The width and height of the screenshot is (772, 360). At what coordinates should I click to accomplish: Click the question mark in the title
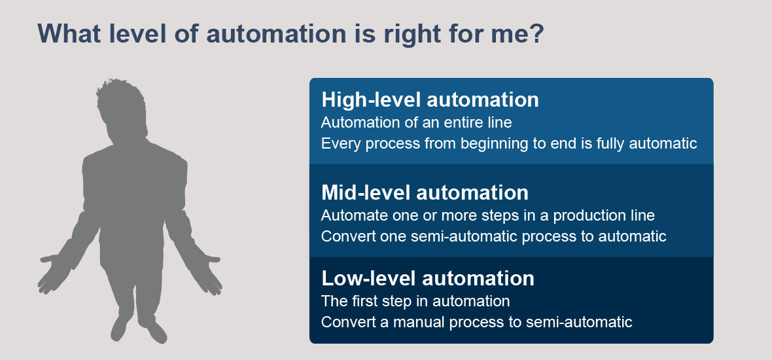coord(536,34)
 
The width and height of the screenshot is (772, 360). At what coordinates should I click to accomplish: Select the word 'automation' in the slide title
coord(273,34)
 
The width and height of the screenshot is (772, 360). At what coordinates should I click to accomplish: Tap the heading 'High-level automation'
coord(430,100)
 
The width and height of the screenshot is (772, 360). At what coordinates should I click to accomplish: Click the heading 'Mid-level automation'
coord(425,192)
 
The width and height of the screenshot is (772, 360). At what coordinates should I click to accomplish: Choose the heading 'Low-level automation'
coord(428,278)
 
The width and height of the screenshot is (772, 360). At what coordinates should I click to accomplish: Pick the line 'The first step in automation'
coord(415,300)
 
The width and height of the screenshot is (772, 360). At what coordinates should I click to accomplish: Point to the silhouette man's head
coord(122,109)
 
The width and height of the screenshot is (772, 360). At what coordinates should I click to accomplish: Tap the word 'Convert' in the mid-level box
coord(348,236)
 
